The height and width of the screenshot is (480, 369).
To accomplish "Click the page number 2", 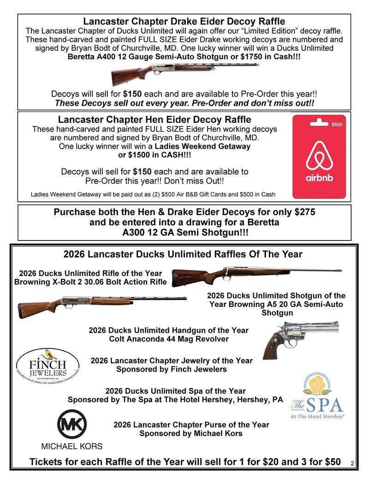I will (x=351, y=463).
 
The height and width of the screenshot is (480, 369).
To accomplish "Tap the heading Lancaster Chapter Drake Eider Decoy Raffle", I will (x=184, y=21).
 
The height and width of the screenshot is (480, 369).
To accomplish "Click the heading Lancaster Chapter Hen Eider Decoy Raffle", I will (x=155, y=120).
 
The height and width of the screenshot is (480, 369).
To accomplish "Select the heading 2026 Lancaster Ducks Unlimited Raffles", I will (x=183, y=254).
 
